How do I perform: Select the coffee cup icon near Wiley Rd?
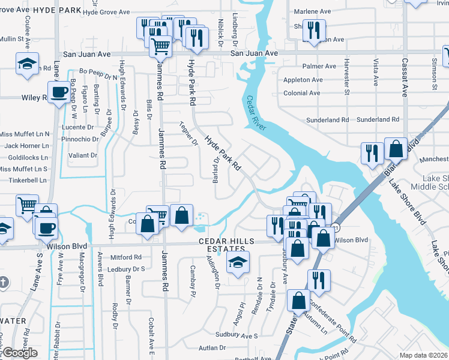coord(59,93)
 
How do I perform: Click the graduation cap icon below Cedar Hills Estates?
coord(238,262)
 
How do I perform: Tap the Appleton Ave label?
coord(303,80)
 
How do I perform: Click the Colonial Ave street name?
coord(302,93)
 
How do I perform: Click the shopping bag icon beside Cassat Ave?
coord(396,147)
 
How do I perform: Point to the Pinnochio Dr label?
coord(80,139)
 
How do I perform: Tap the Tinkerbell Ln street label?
coord(23,180)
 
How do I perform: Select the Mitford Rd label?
coord(125,257)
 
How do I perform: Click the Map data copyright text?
coord(423,355)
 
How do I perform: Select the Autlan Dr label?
coord(213,347)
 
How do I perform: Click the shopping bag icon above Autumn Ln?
coord(298,301)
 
